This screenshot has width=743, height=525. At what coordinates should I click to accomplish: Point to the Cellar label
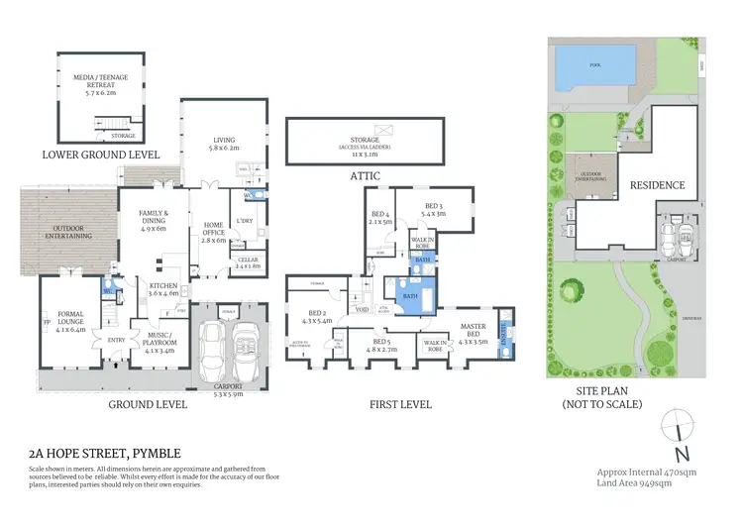pyautogui.click(x=248, y=262)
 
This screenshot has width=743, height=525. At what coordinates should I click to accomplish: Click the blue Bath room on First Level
pyautogui.click(x=408, y=295)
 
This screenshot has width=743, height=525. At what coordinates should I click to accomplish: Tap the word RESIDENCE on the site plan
pyautogui.click(x=657, y=185)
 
